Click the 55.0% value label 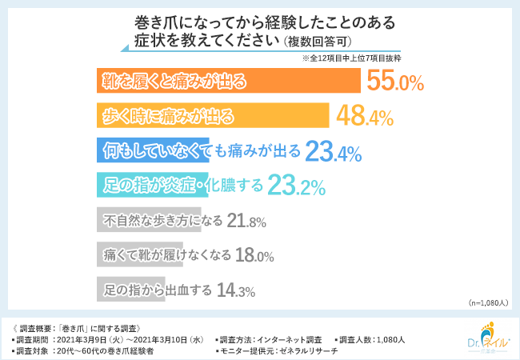point(394,81)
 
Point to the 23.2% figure point(296,186)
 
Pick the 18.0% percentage point(255,255)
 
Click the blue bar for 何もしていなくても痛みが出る point(152,150)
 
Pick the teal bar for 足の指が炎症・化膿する point(152,186)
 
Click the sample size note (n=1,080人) point(486,304)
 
